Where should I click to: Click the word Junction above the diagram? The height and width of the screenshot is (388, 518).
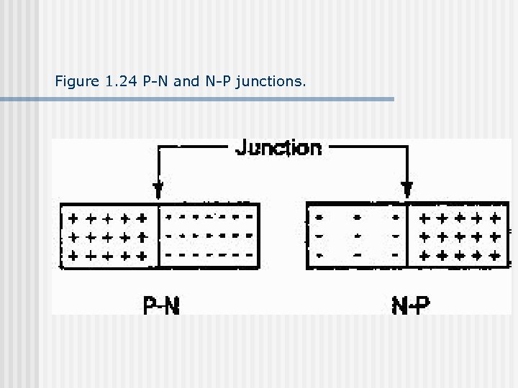coord(278,148)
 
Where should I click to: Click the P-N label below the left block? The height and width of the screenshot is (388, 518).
coord(161,305)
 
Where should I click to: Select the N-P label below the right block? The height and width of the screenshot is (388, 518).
coord(410,305)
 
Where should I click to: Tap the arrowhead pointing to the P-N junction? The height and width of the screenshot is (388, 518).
coord(158,190)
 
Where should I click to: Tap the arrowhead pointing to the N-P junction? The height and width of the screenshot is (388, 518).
coord(407,190)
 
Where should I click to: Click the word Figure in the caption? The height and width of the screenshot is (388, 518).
coord(76,82)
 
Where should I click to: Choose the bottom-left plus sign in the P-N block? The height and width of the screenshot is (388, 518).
coord(71,255)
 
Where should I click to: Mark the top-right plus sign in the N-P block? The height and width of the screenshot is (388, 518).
coord(494,216)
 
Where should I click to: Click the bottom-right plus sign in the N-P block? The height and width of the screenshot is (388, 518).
coord(494,255)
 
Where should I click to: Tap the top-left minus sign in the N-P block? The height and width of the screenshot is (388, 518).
coord(319,216)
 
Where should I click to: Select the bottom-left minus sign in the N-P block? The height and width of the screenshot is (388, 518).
coord(319,255)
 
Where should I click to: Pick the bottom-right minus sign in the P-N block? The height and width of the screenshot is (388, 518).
coord(248,255)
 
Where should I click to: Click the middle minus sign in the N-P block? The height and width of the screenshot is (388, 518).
coord(358,236)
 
